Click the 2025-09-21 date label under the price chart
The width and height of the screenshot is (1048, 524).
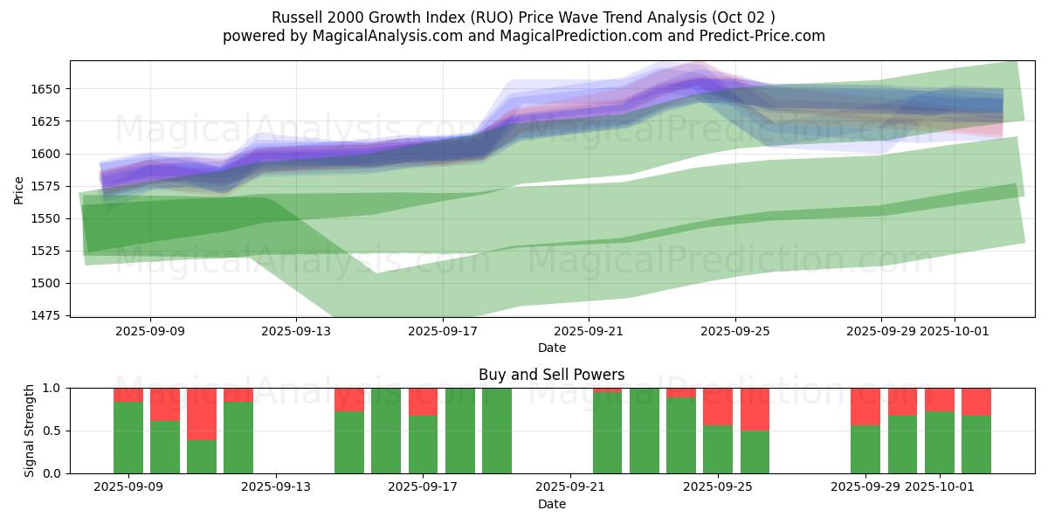[589, 331]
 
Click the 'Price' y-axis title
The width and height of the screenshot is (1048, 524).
[19, 189]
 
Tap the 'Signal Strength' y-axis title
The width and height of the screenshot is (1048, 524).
[30, 431]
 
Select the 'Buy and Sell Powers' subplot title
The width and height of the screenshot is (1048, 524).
[551, 375]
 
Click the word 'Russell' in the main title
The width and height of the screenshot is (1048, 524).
[297, 17]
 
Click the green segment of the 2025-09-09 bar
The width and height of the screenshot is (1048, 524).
[128, 437]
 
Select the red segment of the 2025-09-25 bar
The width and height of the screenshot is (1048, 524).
[718, 406]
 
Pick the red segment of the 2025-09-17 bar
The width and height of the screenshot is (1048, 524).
[423, 402]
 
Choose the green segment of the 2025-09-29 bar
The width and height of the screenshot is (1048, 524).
[865, 449]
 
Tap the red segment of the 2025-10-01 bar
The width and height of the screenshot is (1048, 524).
[940, 399]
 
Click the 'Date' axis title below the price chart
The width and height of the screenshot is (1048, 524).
[551, 348]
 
